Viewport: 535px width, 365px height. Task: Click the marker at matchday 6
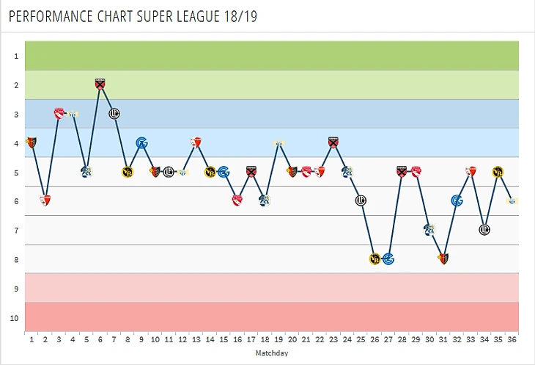coord(100,84)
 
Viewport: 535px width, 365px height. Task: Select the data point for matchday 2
coord(45,200)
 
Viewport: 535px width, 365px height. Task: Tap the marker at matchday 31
coord(443,258)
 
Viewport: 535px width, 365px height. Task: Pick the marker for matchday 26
coord(374,259)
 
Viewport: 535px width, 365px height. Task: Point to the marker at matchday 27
coord(388,259)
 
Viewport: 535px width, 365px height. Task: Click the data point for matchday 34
coord(484,230)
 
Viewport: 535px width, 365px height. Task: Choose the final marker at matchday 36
coord(512,200)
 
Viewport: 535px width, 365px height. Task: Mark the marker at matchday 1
coord(32,142)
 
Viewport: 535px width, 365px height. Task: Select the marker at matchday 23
coord(333,142)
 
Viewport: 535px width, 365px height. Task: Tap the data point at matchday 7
coord(114,113)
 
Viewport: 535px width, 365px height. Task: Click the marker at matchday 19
coord(278,143)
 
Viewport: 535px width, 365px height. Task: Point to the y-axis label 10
coord(15,318)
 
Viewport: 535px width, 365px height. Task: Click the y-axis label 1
coord(15,56)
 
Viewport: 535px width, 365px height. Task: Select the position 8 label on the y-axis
coord(15,259)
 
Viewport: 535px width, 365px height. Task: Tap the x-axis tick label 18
coord(265,340)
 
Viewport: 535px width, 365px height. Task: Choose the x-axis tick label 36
coord(512,340)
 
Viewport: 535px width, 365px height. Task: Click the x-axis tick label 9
coord(141,340)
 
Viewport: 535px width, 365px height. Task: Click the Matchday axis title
coord(271,353)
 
